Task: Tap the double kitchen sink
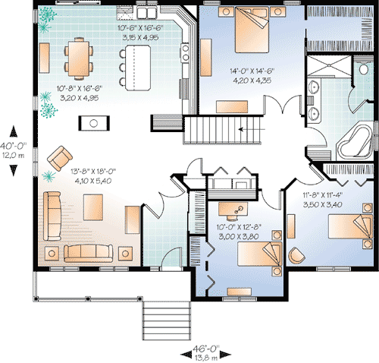point(144,14)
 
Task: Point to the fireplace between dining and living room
point(96,122)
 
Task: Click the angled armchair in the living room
point(58,159)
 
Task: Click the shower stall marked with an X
point(330,69)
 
